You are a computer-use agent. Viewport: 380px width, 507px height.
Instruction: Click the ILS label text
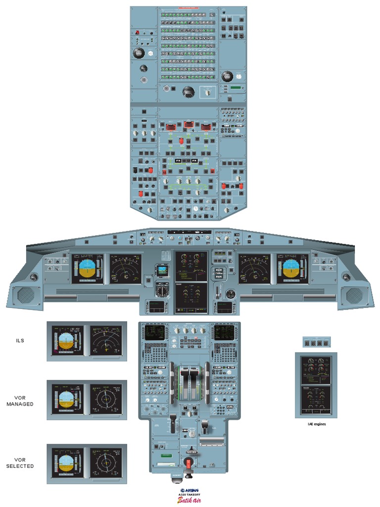coord(20,341)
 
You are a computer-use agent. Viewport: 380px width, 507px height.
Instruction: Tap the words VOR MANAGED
coord(20,401)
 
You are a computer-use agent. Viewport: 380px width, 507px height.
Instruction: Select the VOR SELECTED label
coord(20,463)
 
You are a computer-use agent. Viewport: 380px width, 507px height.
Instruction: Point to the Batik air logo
coord(190,500)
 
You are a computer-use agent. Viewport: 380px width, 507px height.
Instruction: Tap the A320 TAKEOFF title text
coord(190,495)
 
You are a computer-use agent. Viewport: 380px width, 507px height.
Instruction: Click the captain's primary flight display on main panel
coord(88,269)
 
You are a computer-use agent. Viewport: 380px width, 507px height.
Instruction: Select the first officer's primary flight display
coord(292,269)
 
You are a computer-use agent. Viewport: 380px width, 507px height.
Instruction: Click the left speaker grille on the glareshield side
coord(26,296)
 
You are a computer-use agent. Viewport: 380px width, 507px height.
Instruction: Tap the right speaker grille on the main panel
coord(354,296)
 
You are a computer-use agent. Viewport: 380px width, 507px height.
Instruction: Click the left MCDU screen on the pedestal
coord(155,332)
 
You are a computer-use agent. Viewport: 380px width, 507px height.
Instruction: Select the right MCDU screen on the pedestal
coord(225,332)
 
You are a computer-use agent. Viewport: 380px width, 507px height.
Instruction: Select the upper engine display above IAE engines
coord(316,369)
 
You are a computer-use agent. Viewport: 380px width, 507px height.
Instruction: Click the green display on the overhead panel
coord(237,88)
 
